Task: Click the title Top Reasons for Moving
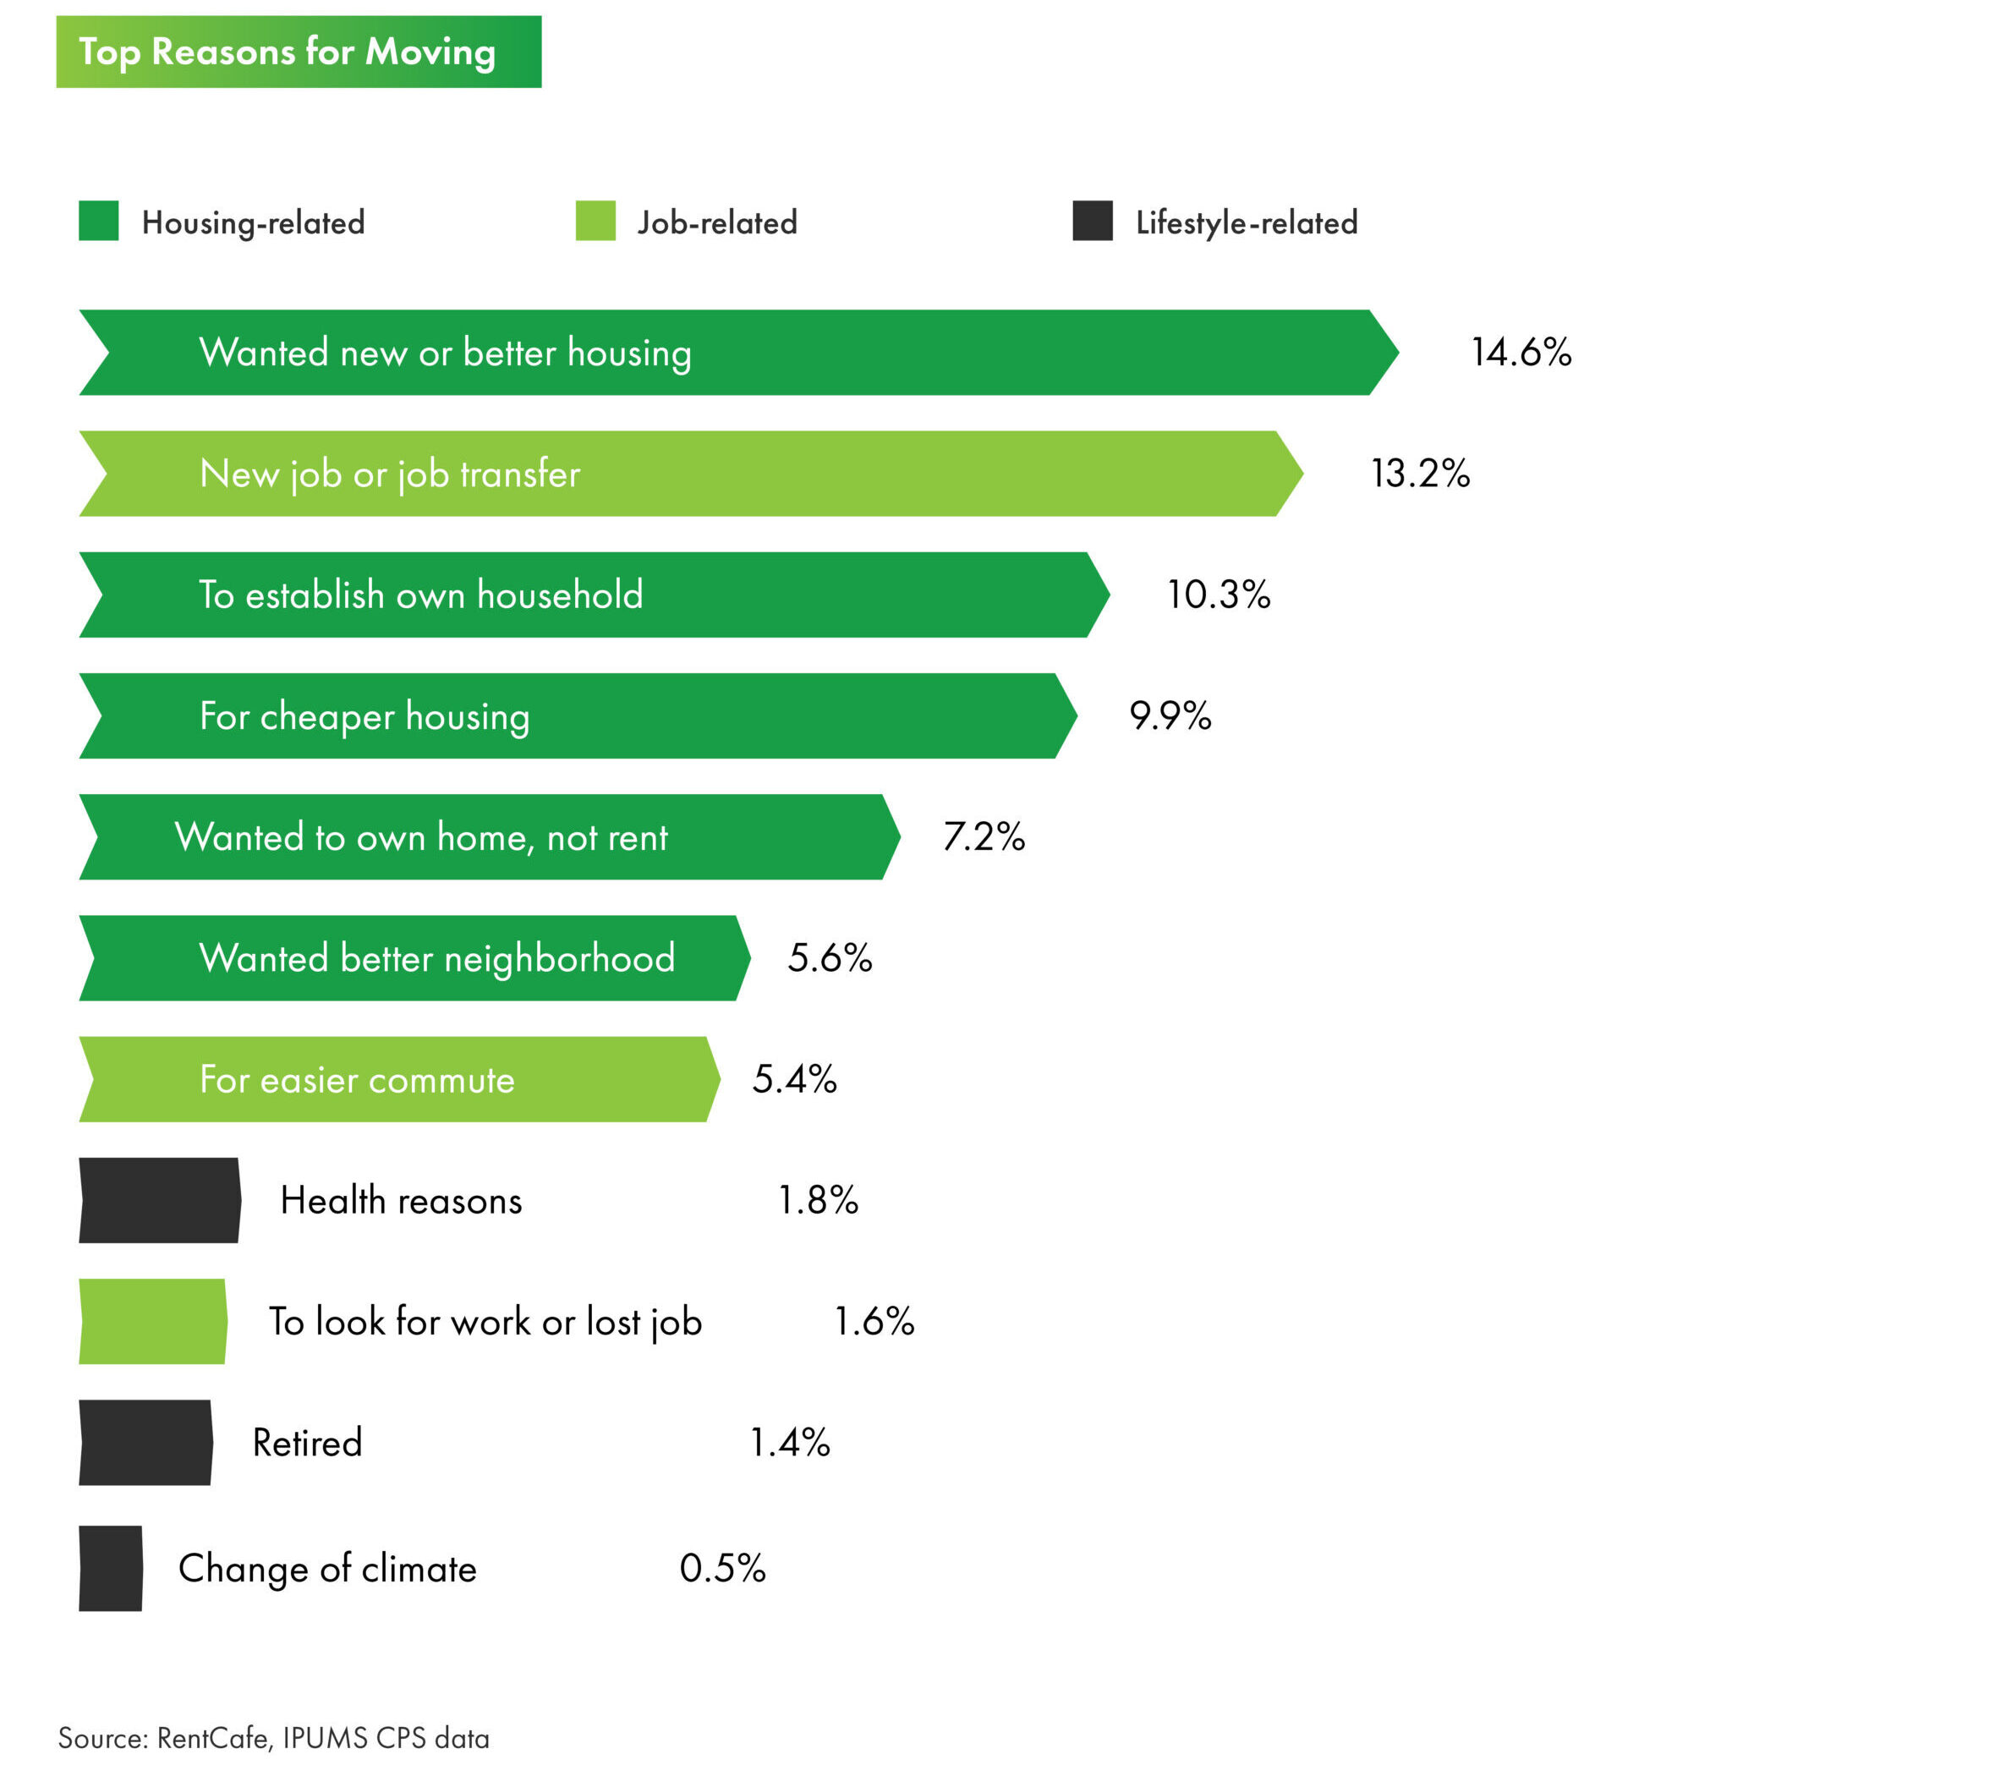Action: (x=287, y=52)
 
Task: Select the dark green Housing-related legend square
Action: (x=98, y=221)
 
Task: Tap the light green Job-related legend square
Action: (x=595, y=221)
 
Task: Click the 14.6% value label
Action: (x=1521, y=353)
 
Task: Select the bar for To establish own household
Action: (x=589, y=595)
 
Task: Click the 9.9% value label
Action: (x=1170, y=715)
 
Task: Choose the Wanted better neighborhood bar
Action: (x=412, y=958)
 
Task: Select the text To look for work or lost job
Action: (x=485, y=1323)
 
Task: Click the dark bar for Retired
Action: (x=145, y=1443)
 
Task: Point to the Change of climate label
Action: (x=326, y=1569)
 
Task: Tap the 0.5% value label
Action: (x=722, y=1569)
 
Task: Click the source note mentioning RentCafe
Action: (x=273, y=1739)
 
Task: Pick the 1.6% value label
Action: (x=874, y=1323)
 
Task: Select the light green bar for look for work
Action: (x=152, y=1323)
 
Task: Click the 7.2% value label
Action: (x=984, y=837)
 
